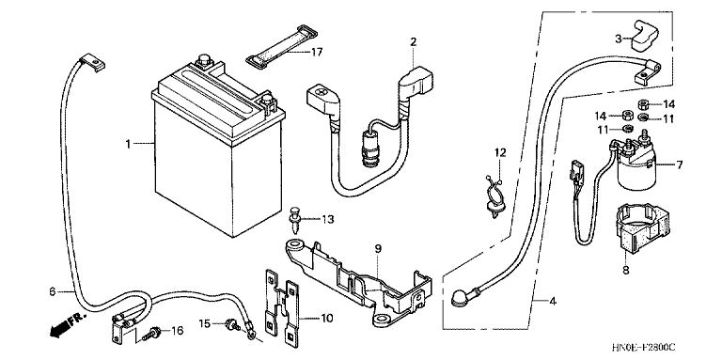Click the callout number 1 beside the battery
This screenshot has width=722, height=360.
click(129, 145)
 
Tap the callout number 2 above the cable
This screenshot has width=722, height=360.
click(413, 42)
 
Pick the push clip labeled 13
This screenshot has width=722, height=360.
click(293, 220)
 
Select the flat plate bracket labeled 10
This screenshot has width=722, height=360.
click(281, 307)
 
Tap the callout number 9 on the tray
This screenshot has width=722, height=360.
click(378, 249)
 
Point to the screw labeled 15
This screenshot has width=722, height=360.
click(232, 325)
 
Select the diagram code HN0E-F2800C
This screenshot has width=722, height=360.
click(646, 347)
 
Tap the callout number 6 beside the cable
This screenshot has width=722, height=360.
click(53, 291)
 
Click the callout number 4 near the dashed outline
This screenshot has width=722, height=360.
click(552, 302)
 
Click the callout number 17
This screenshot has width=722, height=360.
click(316, 52)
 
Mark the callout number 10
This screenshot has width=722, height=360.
click(326, 318)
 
